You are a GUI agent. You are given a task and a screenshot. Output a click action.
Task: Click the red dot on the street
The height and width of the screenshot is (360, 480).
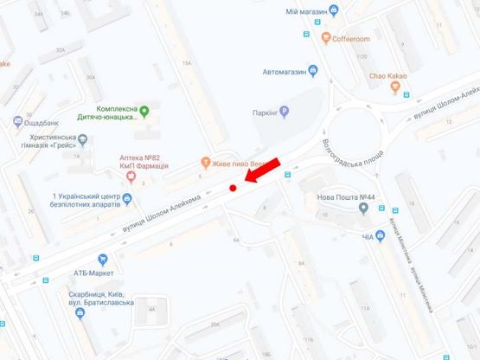tap(233, 188)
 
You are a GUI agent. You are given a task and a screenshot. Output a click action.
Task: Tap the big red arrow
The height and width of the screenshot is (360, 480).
tap(263, 170)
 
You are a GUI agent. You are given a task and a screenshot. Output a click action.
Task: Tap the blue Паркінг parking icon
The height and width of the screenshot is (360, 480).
tap(284, 112)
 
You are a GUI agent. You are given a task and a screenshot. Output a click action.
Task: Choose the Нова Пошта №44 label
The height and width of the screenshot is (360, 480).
tap(346, 197)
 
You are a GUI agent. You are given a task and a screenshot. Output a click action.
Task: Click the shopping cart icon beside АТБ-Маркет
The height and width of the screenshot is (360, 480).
tap(104, 259)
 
